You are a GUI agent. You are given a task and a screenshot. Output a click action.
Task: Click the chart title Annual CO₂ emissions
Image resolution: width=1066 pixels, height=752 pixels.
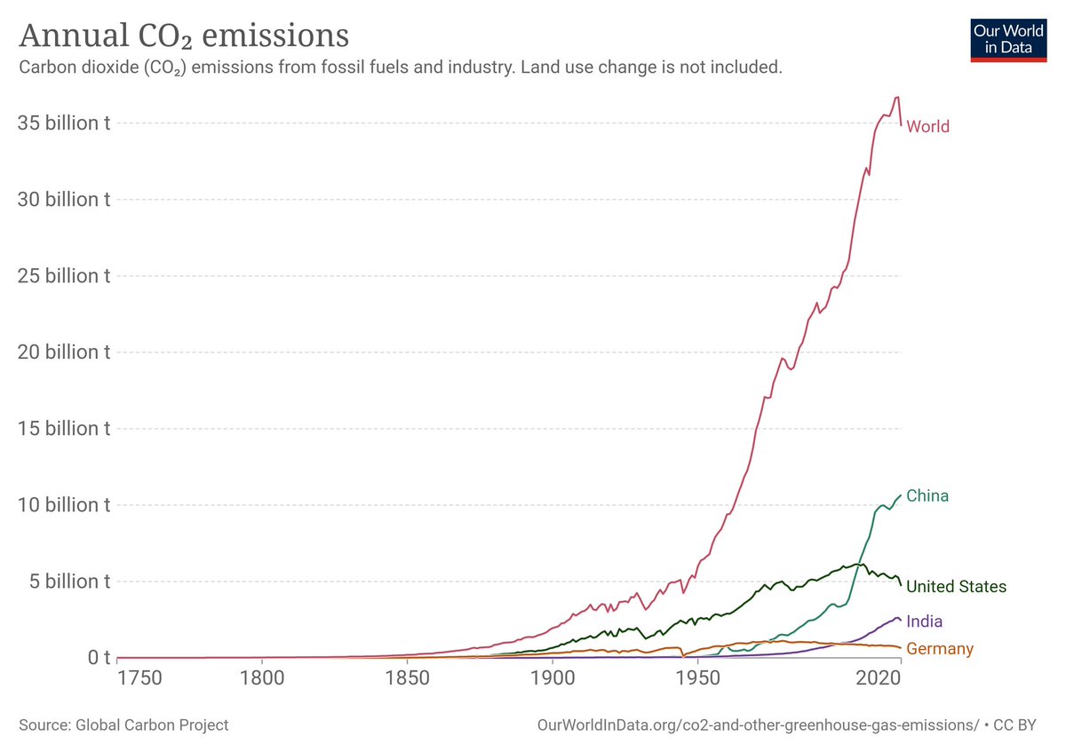point(184,36)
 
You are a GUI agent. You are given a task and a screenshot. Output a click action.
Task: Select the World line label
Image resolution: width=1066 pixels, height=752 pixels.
point(927,127)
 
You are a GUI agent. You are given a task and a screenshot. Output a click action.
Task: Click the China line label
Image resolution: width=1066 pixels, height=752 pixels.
point(927,496)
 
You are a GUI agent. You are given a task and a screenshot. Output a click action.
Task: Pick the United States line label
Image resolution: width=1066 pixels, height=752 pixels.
point(956,587)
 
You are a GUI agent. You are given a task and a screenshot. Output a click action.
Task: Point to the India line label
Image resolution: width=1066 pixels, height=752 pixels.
point(925,621)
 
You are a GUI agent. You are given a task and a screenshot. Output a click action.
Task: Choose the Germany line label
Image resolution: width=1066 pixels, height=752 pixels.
point(940,649)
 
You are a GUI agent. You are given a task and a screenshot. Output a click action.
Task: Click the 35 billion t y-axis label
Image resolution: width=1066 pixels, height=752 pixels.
point(64,123)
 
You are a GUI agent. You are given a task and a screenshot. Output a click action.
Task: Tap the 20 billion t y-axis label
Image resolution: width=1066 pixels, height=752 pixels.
point(64,352)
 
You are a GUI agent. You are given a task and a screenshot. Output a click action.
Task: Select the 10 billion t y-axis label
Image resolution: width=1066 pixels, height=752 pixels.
point(64,505)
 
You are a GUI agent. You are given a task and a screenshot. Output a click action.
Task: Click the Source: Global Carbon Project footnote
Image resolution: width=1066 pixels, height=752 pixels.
point(123,725)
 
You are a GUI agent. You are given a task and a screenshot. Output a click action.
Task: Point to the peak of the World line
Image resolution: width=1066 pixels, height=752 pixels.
point(897,97)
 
